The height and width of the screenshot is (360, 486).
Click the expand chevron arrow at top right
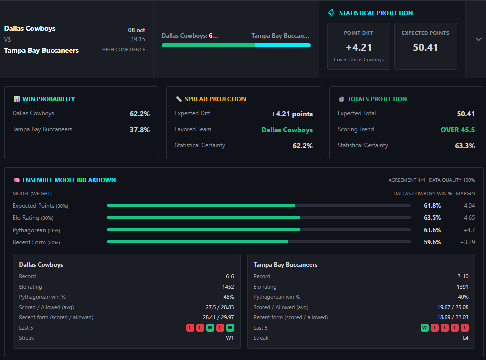[478, 39]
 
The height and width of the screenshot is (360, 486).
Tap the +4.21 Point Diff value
[359, 47]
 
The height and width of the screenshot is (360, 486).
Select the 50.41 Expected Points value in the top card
[425, 47]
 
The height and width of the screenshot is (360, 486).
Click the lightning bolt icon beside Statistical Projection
[331, 13]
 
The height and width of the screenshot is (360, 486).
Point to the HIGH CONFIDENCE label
[124, 49]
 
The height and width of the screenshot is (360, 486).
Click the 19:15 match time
[138, 39]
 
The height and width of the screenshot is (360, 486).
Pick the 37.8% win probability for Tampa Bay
[139, 130]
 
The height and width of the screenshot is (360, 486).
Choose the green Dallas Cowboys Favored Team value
[287, 130]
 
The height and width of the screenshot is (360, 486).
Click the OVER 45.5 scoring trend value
[458, 130]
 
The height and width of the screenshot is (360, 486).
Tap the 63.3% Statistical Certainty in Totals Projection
[465, 146]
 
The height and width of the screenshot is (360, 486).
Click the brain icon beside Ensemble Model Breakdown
[17, 180]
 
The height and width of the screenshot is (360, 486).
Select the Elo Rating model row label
[33, 218]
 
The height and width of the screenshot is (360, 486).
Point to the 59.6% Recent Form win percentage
[432, 242]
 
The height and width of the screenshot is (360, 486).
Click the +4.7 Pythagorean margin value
[469, 230]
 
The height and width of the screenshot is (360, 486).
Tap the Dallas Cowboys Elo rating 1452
[228, 287]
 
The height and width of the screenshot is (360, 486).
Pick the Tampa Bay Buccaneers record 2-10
[463, 276]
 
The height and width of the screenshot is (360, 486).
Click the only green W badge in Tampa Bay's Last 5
[425, 328]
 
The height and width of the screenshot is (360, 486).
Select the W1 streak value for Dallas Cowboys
[230, 338]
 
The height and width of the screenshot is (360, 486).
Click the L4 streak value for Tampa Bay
[466, 338]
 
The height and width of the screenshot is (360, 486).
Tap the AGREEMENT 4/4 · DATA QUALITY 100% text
[432, 180]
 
